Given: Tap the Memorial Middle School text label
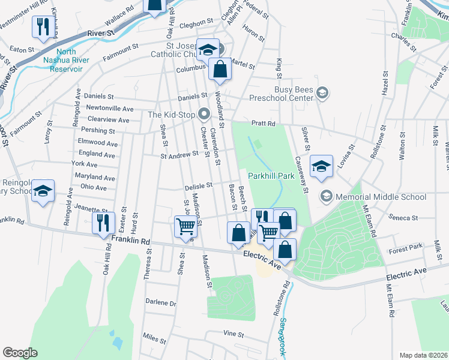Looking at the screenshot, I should pos(381,196).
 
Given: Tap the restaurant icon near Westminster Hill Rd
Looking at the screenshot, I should pos(42,27).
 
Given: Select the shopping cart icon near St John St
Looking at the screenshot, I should pos(185,226).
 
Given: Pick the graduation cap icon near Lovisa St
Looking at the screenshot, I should pos(321,167).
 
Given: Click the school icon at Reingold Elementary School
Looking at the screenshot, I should pos(43,191).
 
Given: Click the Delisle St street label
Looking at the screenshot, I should pos(199,187).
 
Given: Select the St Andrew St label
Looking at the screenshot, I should pos(179,155).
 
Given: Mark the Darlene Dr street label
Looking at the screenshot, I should pos(160,303).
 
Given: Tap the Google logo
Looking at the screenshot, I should pos(20,353).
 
